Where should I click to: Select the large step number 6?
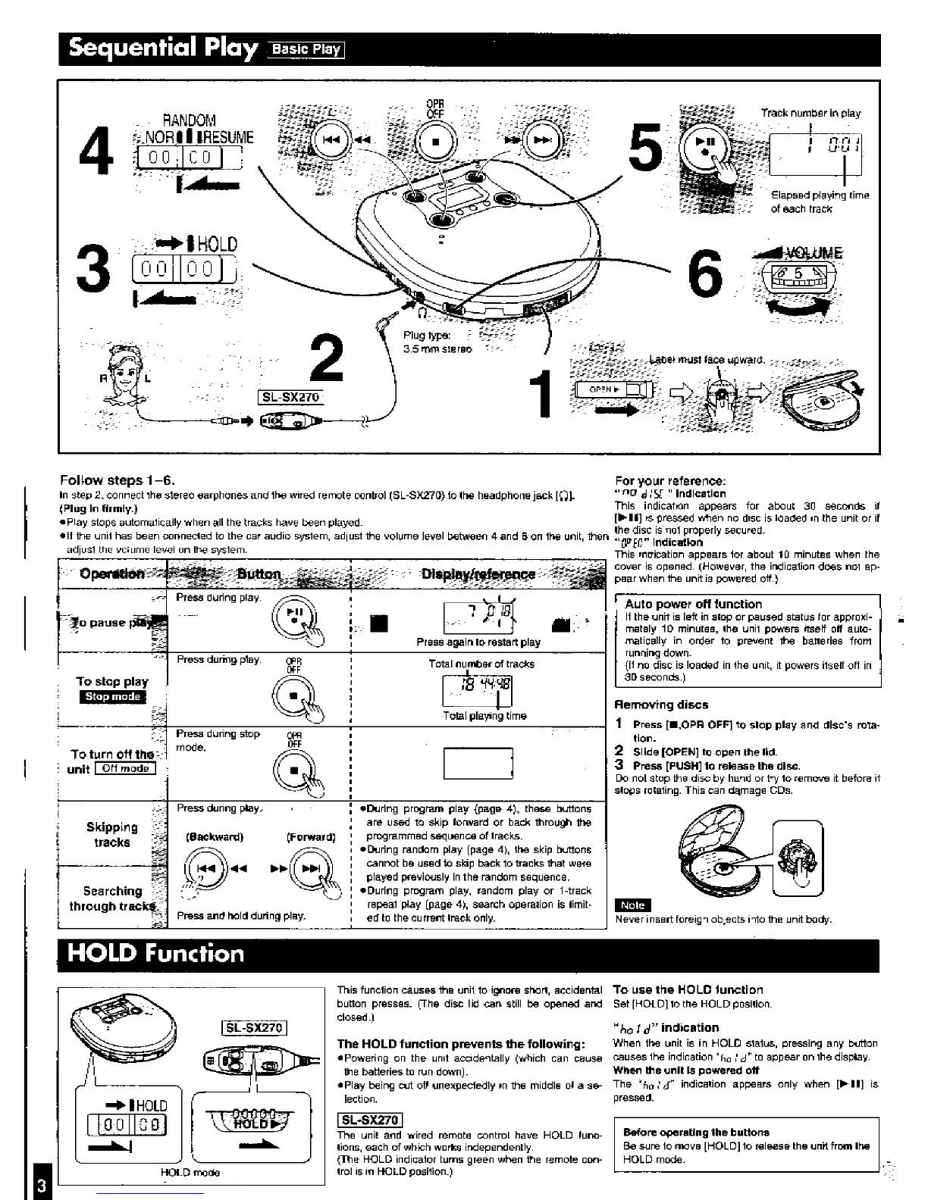point(704,276)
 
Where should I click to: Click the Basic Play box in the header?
point(306,50)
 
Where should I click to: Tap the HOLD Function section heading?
point(156,952)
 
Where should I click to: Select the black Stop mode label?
point(111,697)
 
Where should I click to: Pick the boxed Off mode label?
point(125,768)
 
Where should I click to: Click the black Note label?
point(632,905)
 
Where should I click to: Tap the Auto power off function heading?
point(693,604)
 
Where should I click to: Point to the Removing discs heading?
point(661,705)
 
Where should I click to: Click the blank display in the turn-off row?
point(478,763)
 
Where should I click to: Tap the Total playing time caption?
point(484,716)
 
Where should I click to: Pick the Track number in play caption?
point(810,113)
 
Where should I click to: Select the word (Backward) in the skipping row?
point(215,837)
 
